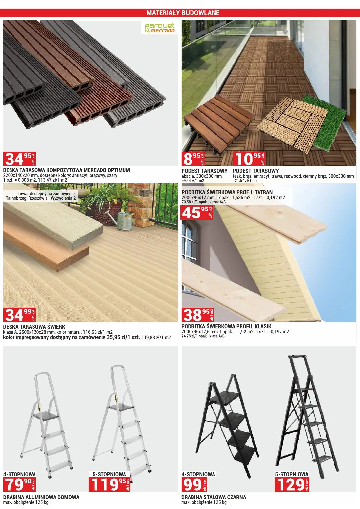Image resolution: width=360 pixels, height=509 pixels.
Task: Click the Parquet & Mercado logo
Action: (x=160, y=28)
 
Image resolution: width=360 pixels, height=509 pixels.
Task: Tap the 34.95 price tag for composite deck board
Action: (x=20, y=159)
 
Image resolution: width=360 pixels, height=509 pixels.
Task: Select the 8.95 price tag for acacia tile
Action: (x=193, y=159)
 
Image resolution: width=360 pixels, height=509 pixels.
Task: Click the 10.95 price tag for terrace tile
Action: (x=249, y=159)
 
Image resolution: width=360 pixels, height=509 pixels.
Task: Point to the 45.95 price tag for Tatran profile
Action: (x=197, y=212)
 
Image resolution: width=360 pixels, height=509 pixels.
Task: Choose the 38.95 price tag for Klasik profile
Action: (x=198, y=315)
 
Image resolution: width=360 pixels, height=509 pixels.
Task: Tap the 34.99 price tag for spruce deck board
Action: (x=20, y=315)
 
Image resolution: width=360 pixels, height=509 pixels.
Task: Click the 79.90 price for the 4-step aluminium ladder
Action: (x=20, y=484)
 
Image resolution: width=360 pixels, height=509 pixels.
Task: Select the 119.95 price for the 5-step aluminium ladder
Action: (x=110, y=484)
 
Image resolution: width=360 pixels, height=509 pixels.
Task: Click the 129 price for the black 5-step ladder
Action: (x=292, y=484)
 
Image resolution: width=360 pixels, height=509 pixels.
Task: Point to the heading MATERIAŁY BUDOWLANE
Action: (x=183, y=13)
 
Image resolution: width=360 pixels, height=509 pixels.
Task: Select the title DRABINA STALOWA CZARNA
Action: (x=214, y=497)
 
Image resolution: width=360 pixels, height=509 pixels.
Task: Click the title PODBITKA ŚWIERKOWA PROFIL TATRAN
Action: (x=227, y=192)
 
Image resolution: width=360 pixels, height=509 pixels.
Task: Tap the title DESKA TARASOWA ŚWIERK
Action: (x=34, y=327)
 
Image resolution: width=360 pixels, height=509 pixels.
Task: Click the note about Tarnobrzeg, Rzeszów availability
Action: (x=41, y=196)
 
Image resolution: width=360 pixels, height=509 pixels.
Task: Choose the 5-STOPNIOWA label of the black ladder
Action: (x=292, y=474)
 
